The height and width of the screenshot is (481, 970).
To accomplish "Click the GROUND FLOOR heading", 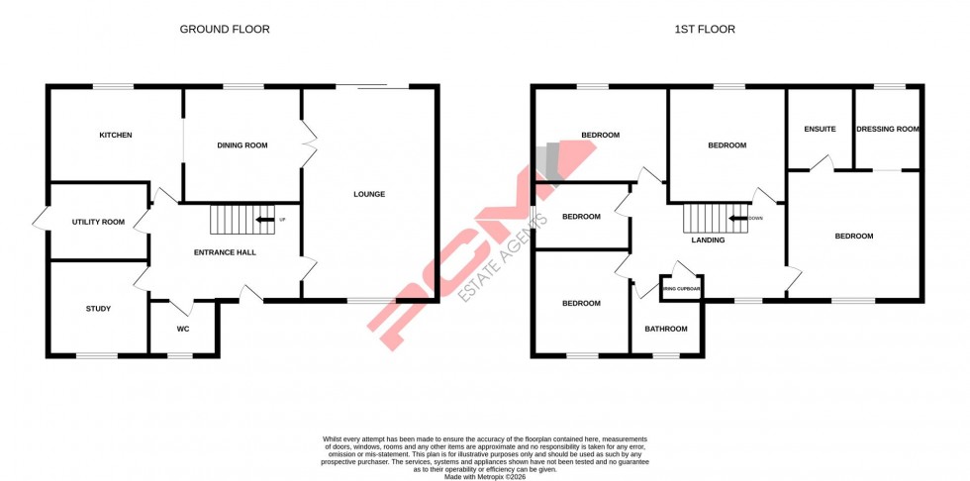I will pyautogui.click(x=224, y=30).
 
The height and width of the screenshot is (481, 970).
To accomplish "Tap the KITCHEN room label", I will pyautogui.click(x=115, y=136).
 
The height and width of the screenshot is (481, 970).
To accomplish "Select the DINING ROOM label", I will pyautogui.click(x=242, y=145).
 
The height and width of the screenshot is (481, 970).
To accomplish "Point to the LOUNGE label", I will pyautogui.click(x=369, y=194).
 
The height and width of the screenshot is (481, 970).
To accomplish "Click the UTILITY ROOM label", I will pyautogui.click(x=98, y=222).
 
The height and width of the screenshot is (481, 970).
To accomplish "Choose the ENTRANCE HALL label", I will pyautogui.click(x=225, y=252).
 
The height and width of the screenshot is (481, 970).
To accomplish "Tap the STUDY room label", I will pyautogui.click(x=98, y=309).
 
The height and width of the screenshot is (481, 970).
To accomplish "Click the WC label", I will pyautogui.click(x=183, y=329).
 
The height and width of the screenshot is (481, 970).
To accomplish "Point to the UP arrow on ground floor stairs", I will pyautogui.click(x=265, y=219).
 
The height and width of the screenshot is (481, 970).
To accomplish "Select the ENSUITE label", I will pyautogui.click(x=820, y=129).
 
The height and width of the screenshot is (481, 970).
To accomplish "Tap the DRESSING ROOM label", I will pyautogui.click(x=888, y=129).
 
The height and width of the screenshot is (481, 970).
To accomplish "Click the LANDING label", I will pyautogui.click(x=708, y=240).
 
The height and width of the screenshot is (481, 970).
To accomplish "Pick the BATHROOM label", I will pyautogui.click(x=665, y=329).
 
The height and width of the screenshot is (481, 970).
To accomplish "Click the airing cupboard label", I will pyautogui.click(x=681, y=289).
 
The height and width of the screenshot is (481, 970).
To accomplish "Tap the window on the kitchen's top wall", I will pyautogui.click(x=113, y=87).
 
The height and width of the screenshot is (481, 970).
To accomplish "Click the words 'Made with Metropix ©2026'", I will pyautogui.click(x=485, y=476).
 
